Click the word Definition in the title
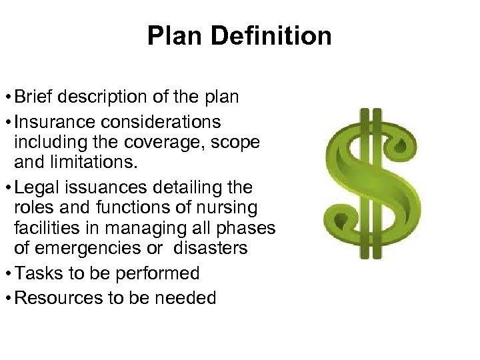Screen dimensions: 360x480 point(276,35)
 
